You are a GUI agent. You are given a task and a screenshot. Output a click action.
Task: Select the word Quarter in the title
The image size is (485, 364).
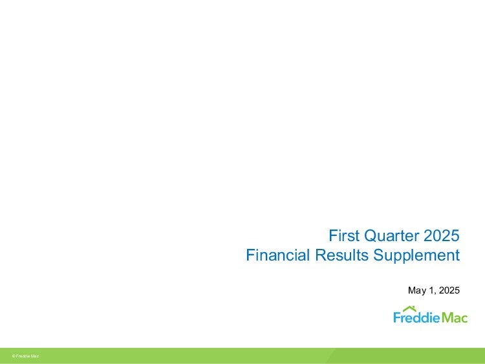[x=391, y=236]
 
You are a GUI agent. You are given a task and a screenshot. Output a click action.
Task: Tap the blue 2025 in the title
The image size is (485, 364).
[x=442, y=235]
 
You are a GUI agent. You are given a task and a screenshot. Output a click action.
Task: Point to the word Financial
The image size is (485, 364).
[x=277, y=255]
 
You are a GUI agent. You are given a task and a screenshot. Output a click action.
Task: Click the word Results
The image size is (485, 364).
[x=342, y=255]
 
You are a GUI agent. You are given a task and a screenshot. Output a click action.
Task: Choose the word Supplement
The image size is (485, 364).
[x=416, y=256]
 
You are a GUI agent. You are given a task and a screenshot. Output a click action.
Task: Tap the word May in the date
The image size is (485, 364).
[x=416, y=290]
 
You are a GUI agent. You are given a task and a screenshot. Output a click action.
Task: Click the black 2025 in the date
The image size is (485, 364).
[x=449, y=290]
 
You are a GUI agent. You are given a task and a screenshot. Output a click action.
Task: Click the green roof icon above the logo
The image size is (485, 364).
[x=409, y=309]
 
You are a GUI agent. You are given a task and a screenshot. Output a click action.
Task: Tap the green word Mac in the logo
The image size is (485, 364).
[x=455, y=317]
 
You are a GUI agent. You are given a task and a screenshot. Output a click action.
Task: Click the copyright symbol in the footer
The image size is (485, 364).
[x=14, y=356]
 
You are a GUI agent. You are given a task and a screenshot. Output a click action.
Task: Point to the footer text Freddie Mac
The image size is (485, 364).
[x=27, y=356]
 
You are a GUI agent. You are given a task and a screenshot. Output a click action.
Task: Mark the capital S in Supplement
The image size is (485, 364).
[x=378, y=255]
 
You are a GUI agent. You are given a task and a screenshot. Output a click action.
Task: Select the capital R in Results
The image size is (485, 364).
[x=321, y=255]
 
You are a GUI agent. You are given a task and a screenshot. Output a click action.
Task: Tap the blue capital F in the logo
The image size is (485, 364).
[x=397, y=317]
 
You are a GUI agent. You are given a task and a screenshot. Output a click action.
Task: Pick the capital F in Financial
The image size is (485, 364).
[x=251, y=255]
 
